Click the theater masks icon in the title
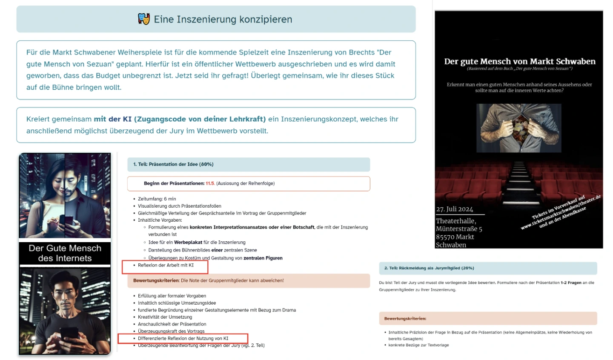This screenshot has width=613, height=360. tap(144, 19)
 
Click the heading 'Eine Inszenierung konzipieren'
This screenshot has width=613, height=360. tap(223, 20)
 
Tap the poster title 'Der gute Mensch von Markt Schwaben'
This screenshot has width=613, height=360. tap(519, 62)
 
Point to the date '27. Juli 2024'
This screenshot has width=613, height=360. tap(454, 209)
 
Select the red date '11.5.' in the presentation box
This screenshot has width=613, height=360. tap(210, 183)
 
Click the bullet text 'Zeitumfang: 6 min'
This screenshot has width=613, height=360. tap(157, 199)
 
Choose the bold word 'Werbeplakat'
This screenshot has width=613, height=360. tap(188, 242)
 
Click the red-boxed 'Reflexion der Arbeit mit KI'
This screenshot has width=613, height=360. tap(166, 265)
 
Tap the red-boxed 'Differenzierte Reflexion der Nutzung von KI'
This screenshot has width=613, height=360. tap(183, 338)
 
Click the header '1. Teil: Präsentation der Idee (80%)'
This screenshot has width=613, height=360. tap(173, 164)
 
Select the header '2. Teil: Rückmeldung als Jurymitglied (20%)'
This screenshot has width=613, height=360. tap(429, 268)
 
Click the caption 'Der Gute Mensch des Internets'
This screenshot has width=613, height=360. tap(65, 253)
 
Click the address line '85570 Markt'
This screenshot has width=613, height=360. tap(455, 237)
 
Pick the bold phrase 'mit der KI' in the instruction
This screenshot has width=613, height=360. tap(113, 119)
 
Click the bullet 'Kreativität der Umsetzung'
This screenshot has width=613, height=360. tap(165, 317)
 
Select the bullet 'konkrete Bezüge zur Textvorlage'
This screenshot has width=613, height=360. tap(418, 345)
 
